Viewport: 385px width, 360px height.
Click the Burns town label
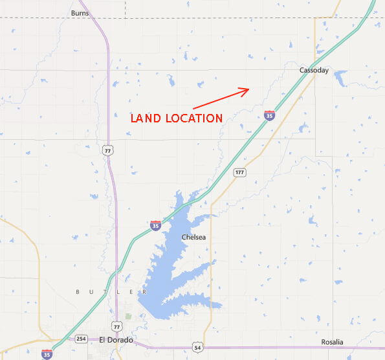[x=80, y=13]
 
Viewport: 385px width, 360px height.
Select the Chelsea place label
[x=193, y=238]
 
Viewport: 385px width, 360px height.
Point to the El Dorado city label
[x=116, y=340]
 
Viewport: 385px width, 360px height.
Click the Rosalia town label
[x=333, y=342]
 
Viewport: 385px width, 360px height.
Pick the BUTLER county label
[x=107, y=292]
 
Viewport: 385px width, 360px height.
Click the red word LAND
[x=148, y=118]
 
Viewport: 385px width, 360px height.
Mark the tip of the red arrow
[x=248, y=89]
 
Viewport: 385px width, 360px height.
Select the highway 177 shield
[x=239, y=172]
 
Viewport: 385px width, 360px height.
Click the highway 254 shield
[x=82, y=339]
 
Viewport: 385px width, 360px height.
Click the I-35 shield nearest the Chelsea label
[x=155, y=225]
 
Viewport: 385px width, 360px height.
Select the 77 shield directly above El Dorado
[x=116, y=325]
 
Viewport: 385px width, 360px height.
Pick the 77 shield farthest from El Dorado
[x=107, y=150]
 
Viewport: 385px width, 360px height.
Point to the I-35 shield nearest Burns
[x=44, y=80]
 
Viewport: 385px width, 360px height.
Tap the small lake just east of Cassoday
[x=339, y=78]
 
